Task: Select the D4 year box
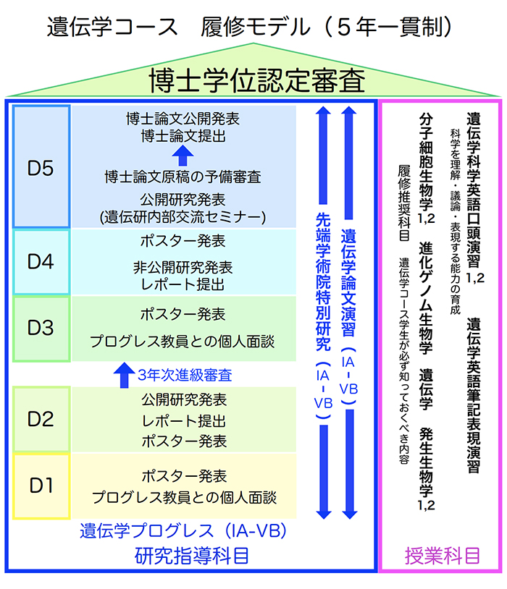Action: click(x=41, y=262)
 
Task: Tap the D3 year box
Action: click(x=41, y=328)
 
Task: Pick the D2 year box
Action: click(x=41, y=419)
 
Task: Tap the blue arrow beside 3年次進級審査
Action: click(x=121, y=375)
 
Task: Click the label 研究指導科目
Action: click(x=192, y=556)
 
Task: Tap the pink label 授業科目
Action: click(x=442, y=556)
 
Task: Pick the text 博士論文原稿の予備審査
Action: click(x=183, y=177)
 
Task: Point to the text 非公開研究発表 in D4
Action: click(x=183, y=266)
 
